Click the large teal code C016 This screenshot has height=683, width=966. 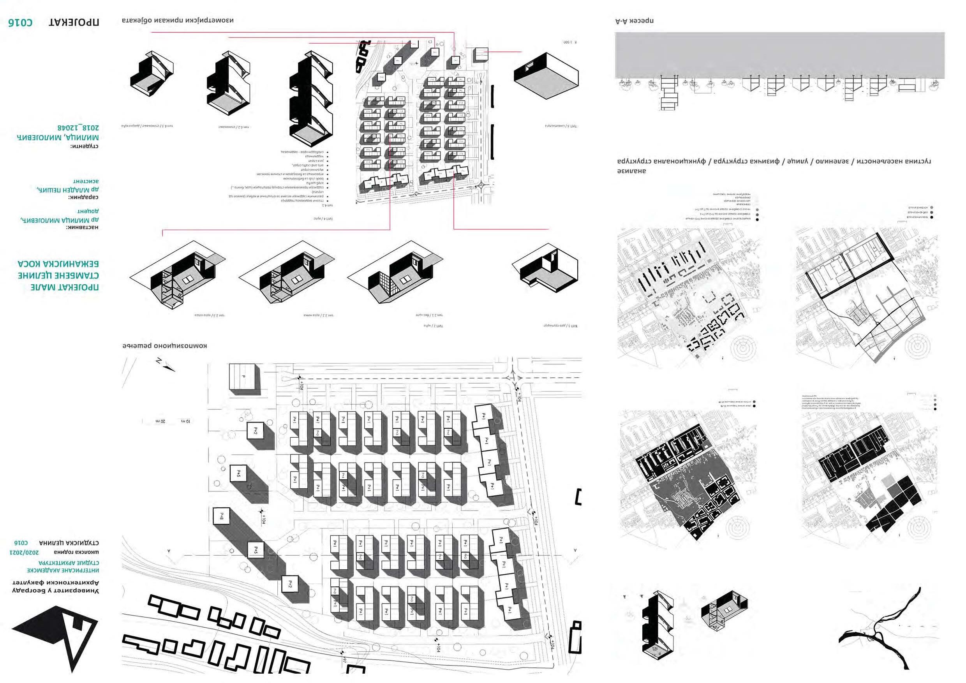(20, 22)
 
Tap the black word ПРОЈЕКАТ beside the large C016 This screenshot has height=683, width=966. (74, 22)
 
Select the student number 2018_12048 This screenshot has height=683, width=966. (78, 127)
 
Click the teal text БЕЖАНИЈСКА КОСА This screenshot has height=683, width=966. (58, 264)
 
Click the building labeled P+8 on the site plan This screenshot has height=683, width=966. (222, 516)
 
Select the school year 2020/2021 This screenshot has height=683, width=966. (25, 552)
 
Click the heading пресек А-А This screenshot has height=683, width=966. (634, 20)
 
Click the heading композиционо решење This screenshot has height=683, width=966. (164, 346)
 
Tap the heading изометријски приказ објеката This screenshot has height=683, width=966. (178, 20)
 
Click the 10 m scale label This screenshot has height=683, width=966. (186, 421)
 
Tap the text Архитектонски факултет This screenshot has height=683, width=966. (56, 583)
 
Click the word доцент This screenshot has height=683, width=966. (88, 211)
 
